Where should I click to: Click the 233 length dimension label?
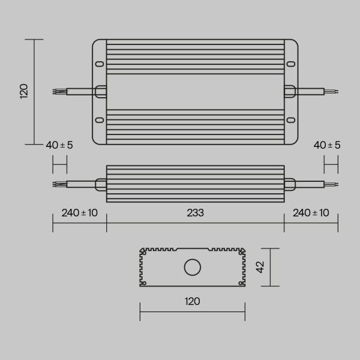195,213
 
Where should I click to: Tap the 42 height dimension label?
260,267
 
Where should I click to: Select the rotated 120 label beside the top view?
24,91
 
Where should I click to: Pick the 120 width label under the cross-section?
192,301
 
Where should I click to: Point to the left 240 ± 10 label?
79,213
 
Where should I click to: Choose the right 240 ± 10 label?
311,213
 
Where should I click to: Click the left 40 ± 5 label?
59,145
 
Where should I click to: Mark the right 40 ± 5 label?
327,145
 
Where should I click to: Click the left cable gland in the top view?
100,92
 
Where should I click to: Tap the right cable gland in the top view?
290,92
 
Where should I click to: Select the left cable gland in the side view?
100,184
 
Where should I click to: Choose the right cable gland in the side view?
290,184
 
